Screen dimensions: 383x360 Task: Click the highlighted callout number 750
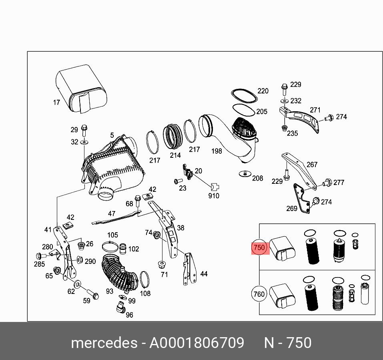coord(259,247)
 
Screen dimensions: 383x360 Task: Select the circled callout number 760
coord(259,294)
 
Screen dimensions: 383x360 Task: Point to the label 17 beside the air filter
coord(56,103)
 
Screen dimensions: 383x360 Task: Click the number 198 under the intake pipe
coord(217,151)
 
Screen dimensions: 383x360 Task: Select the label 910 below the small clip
coord(214,196)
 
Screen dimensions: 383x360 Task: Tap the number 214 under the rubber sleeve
coord(175,155)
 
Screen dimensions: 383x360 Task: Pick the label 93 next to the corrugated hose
coord(110,291)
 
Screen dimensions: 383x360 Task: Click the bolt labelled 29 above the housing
coord(84,129)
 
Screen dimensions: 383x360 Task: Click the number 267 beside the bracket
coord(312,164)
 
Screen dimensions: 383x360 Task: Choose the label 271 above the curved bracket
coord(315,110)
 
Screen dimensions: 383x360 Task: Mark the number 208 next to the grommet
coord(258,178)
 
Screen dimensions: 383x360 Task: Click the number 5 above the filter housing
coord(112,135)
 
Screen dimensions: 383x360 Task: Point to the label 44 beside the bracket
coord(204,274)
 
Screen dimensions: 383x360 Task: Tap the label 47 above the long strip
coord(111,213)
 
